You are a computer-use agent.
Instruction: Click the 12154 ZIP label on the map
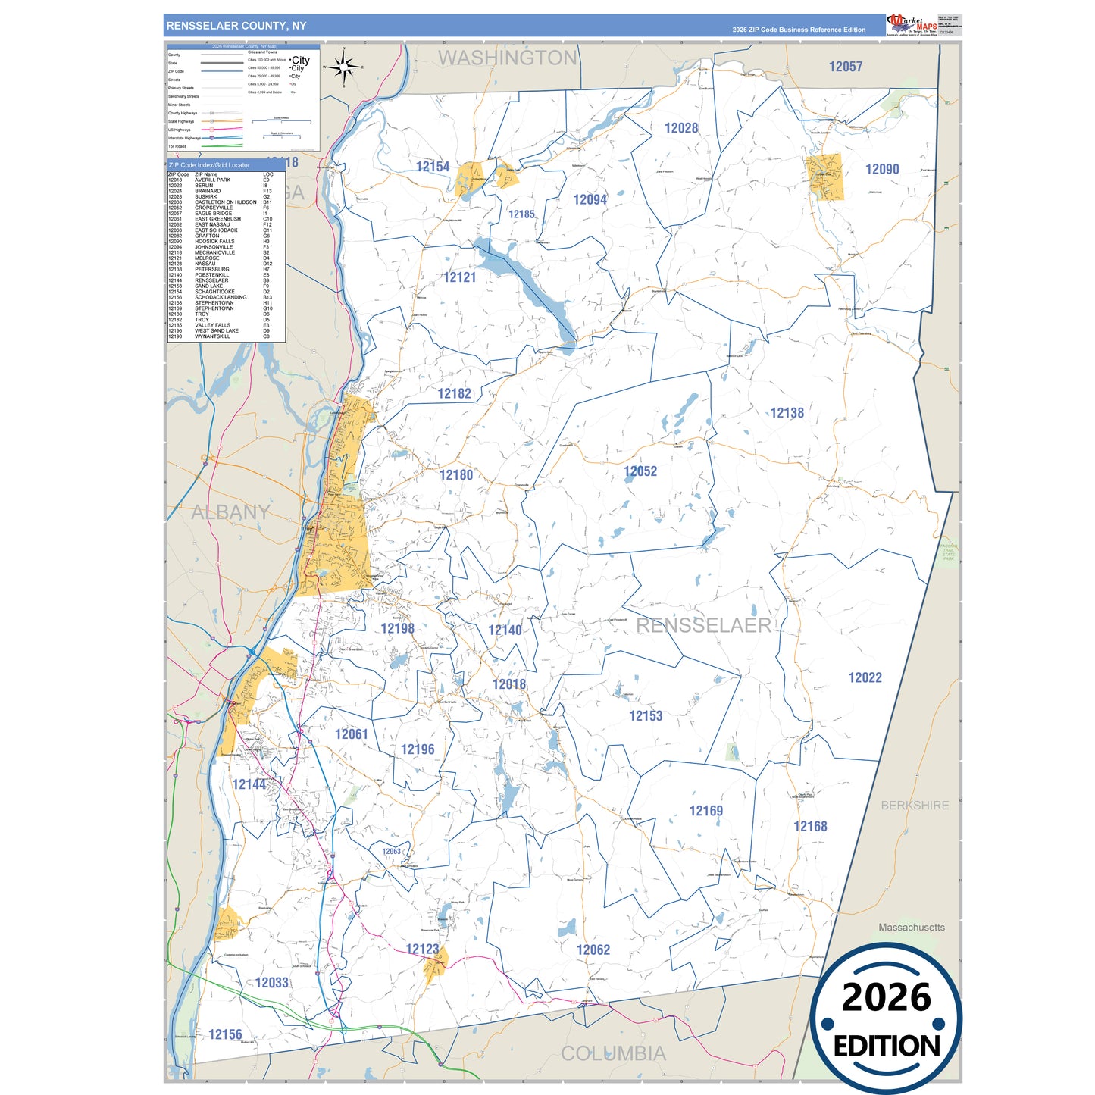(433, 167)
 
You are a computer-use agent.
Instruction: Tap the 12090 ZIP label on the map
(882, 169)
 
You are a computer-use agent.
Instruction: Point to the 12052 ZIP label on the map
(640, 471)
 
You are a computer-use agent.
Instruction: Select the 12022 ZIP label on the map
(865, 677)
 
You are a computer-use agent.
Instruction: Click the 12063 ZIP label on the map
(391, 852)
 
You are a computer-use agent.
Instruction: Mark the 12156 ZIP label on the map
(225, 1034)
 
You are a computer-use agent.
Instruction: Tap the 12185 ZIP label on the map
(521, 214)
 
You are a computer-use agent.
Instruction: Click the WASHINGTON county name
(507, 58)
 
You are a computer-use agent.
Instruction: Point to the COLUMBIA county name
(613, 1053)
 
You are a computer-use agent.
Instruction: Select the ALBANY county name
(230, 512)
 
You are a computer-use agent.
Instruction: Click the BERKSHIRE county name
(914, 806)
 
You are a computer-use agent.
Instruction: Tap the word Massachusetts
(911, 928)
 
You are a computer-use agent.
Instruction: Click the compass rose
(344, 67)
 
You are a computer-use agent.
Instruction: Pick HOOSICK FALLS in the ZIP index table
(214, 242)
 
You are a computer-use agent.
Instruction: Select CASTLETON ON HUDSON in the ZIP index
(225, 202)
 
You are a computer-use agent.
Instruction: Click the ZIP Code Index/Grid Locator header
(209, 165)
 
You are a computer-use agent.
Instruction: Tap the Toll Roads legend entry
(177, 146)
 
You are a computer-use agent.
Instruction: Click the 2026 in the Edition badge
(886, 997)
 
